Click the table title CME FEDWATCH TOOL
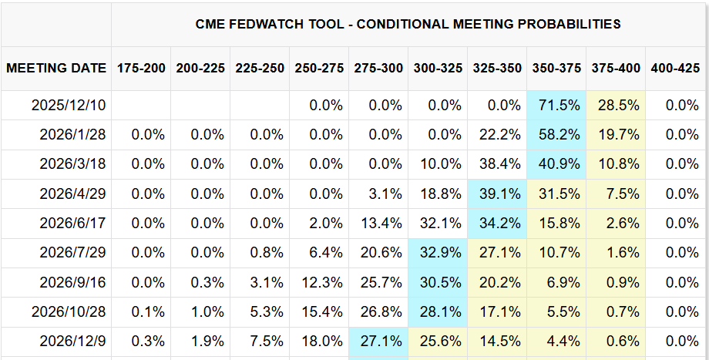coord(408,24)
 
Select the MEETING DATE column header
coord(56,68)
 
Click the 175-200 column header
coord(141,68)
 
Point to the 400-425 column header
coord(675,68)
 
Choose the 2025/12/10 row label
coord(70,105)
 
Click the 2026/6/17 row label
coord(73,224)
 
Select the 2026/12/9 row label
coord(73,341)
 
